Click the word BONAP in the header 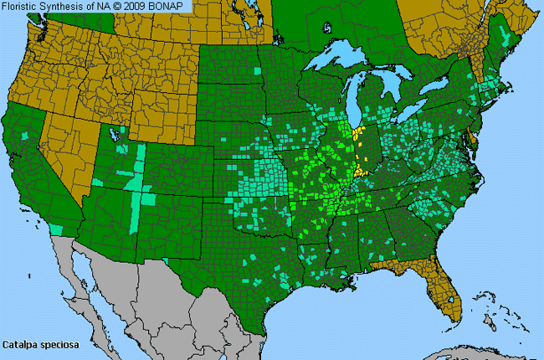(x=172, y=6)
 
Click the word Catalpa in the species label (x=19, y=344)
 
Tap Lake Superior (x=339, y=60)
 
